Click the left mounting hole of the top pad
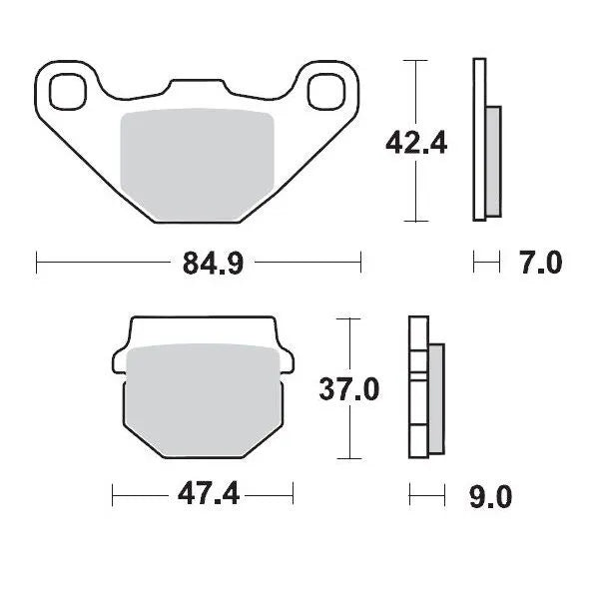pos(70,90)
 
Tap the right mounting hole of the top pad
pos(326,90)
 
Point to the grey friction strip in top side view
pos(491,161)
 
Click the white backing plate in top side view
pos(478,140)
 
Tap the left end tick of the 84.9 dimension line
pos(37,263)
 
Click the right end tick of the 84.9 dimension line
pos(360,263)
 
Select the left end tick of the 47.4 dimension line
pos(113,494)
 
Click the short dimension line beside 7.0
pos(485,263)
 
